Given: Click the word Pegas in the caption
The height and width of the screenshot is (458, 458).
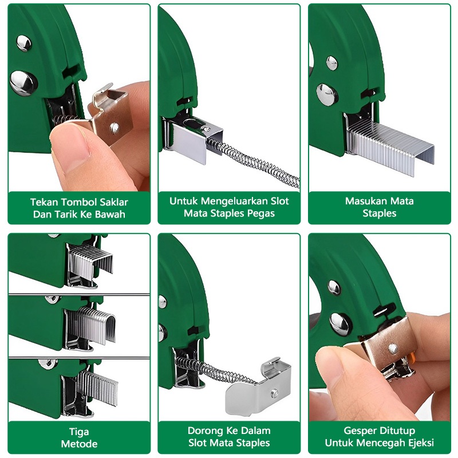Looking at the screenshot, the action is point(261,214).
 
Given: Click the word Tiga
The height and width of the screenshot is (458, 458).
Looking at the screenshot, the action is point(79,432).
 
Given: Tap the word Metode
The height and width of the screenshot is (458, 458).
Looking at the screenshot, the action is point(79,444).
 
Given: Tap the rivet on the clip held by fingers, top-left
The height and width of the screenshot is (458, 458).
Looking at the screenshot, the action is point(114,128).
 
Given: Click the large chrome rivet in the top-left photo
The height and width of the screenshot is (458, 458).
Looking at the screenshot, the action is point(23,83).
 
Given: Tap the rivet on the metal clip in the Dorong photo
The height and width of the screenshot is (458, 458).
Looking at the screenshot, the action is point(274,394).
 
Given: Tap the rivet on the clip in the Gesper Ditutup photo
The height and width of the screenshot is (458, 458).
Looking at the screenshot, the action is point(393,349).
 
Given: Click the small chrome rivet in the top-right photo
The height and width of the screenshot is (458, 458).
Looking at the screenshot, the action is point(331,63).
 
